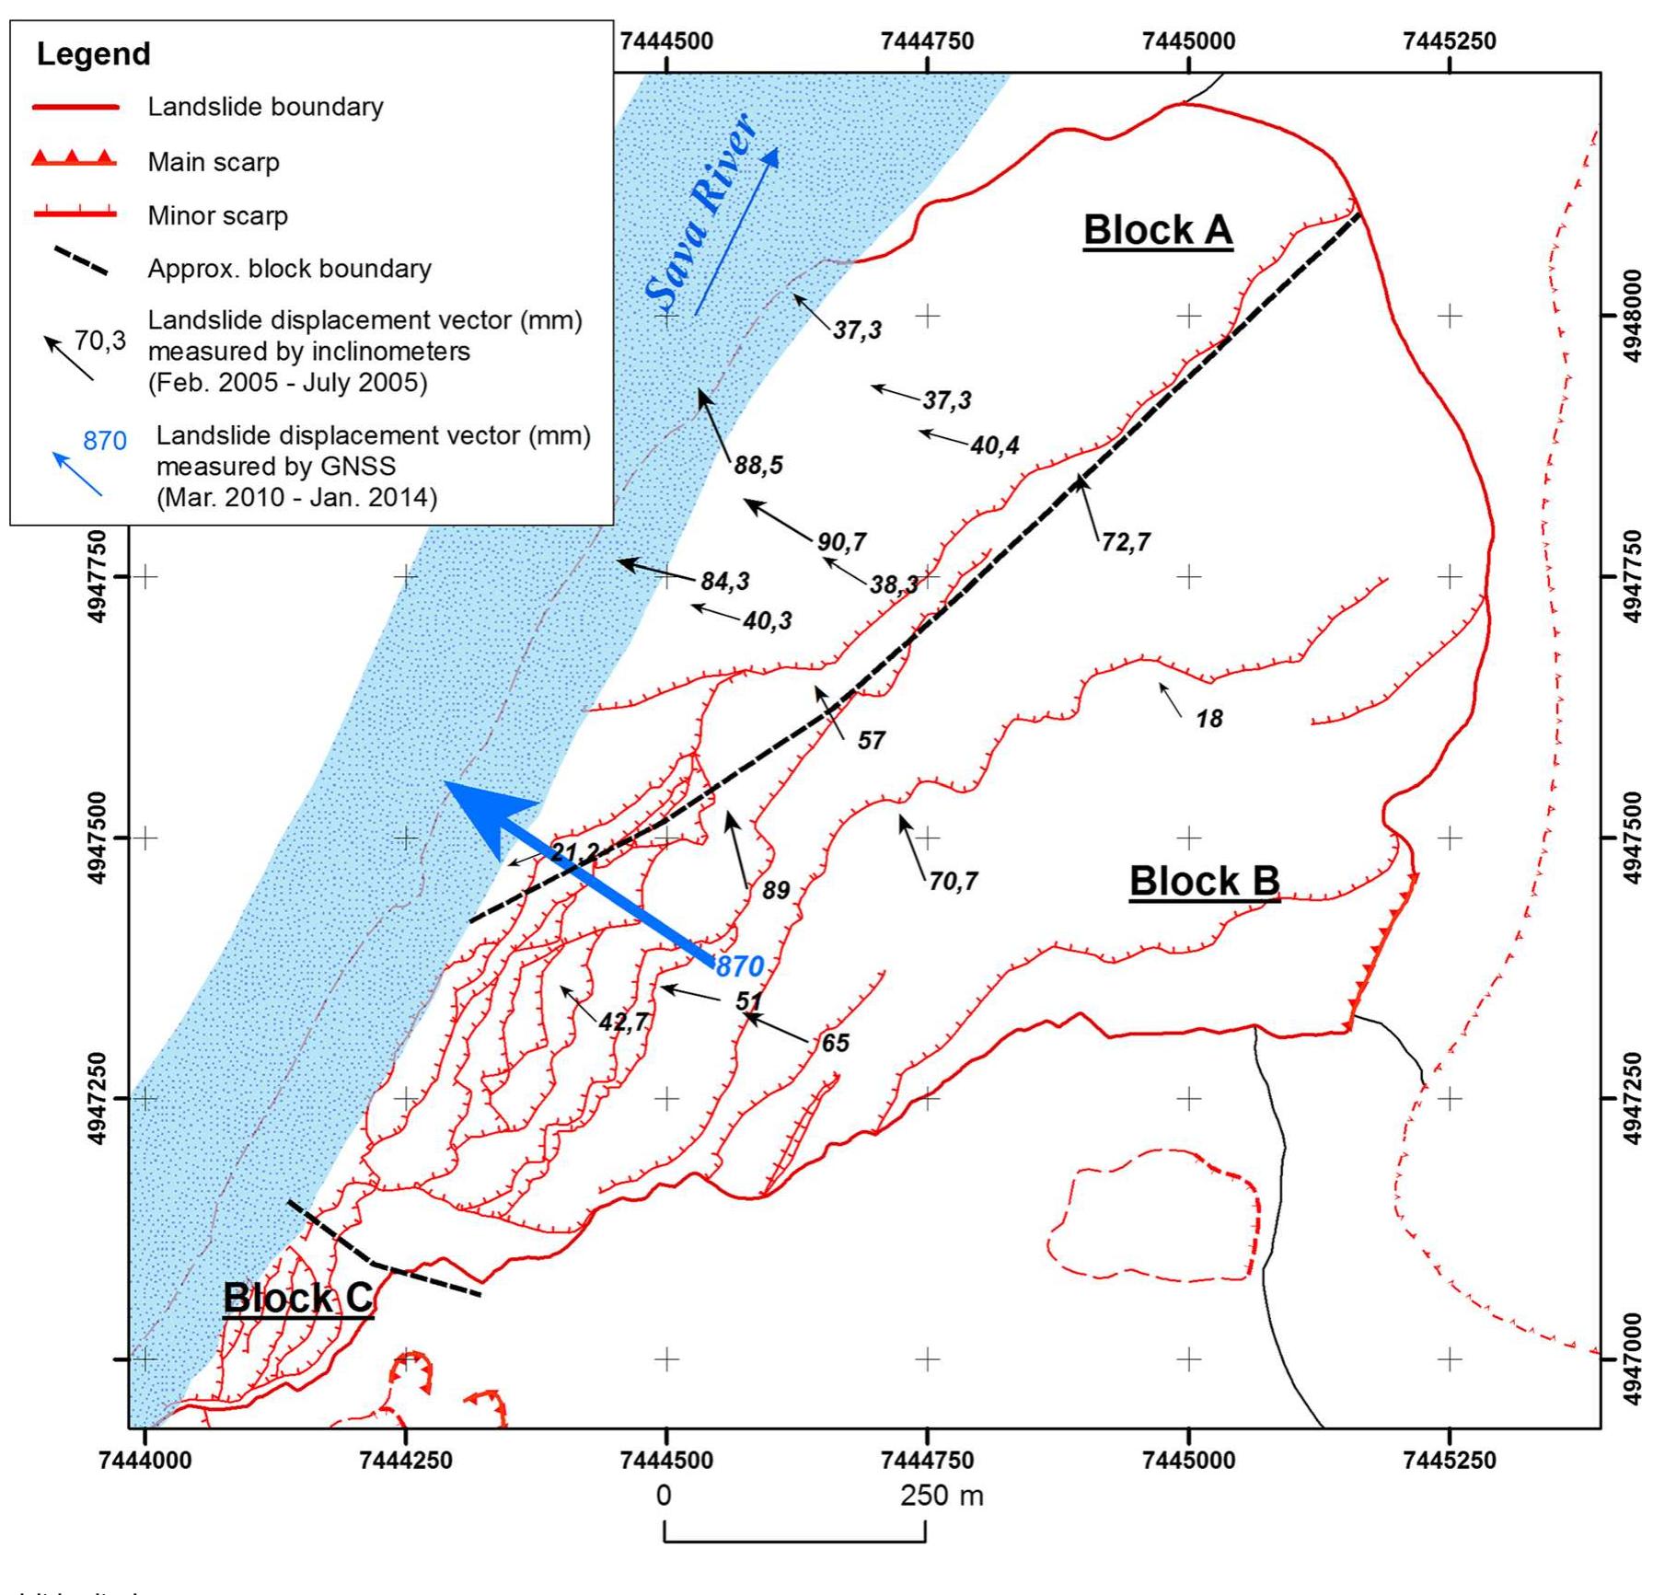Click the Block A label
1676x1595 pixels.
[1157, 230]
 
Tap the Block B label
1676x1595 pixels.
[1204, 881]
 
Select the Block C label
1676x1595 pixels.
[297, 1298]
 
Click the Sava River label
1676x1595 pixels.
[701, 212]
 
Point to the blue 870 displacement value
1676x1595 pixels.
[740, 966]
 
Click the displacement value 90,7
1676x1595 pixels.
[842, 541]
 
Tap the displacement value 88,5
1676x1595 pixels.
[758, 465]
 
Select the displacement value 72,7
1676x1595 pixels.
[1126, 541]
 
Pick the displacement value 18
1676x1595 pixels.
[1209, 719]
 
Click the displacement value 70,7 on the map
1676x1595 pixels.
[954, 882]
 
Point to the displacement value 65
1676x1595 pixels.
[835, 1043]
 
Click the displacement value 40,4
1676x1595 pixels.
[995, 445]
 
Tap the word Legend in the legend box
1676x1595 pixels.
[93, 53]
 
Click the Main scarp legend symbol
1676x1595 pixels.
[74, 160]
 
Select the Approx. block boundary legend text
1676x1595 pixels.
[289, 269]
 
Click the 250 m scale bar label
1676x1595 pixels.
[942, 1496]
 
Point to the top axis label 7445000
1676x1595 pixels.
[1188, 41]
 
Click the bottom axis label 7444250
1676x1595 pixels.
[406, 1461]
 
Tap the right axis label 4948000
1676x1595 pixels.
[1630, 316]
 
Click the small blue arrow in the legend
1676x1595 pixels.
[77, 474]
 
